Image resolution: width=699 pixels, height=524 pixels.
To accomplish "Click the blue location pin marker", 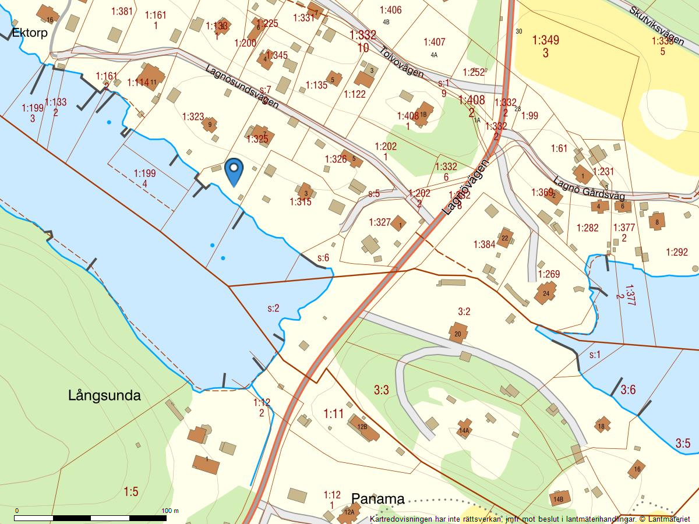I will [234, 171].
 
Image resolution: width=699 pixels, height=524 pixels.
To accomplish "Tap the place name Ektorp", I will [29, 33].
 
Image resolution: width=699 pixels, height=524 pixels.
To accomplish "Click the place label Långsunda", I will [104, 396].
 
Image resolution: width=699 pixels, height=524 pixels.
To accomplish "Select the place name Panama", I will [377, 499].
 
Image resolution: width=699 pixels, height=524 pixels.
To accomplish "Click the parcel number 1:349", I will [545, 40].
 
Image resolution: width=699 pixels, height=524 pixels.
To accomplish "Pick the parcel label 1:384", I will [484, 244].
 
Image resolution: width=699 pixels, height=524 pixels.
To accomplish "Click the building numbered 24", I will [546, 292].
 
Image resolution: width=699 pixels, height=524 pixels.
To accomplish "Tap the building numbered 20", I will [458, 334].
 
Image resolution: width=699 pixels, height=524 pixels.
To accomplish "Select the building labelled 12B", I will [362, 427].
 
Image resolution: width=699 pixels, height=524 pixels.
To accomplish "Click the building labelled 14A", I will [464, 430].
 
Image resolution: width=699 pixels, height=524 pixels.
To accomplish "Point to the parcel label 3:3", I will [381, 390].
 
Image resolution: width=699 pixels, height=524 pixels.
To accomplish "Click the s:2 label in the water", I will [273, 308].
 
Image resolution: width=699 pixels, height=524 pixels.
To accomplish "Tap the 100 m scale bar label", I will [170, 511].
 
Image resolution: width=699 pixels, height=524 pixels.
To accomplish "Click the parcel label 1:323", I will [193, 116].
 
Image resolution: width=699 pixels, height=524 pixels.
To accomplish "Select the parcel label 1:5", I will [131, 492].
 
